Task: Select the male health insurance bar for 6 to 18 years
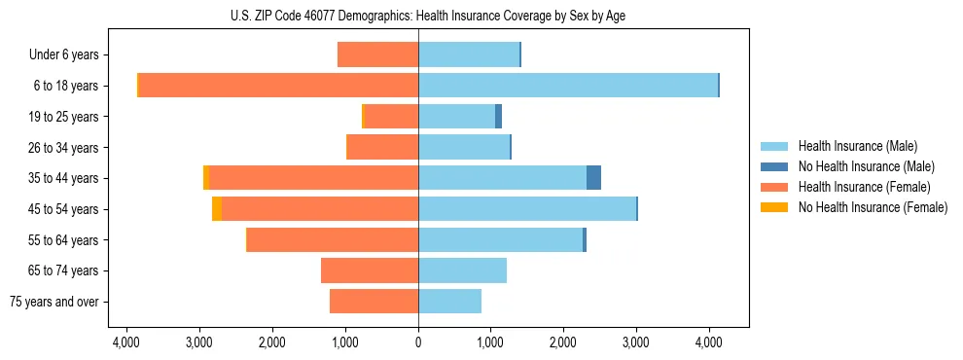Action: pos(568,86)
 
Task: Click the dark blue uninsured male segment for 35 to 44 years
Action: pos(593,178)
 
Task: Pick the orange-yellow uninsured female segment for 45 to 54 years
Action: pos(217,209)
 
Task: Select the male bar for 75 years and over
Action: pos(449,302)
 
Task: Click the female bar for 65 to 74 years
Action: pos(370,270)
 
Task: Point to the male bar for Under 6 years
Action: pos(469,54)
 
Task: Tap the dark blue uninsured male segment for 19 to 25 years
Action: pos(498,117)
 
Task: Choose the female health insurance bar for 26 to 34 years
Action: pos(383,147)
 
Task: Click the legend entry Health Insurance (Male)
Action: pos(857,146)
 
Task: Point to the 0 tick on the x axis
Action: pos(418,342)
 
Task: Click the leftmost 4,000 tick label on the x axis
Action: pos(127,342)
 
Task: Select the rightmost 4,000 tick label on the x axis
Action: pos(708,342)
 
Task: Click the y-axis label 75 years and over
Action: pos(54,302)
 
